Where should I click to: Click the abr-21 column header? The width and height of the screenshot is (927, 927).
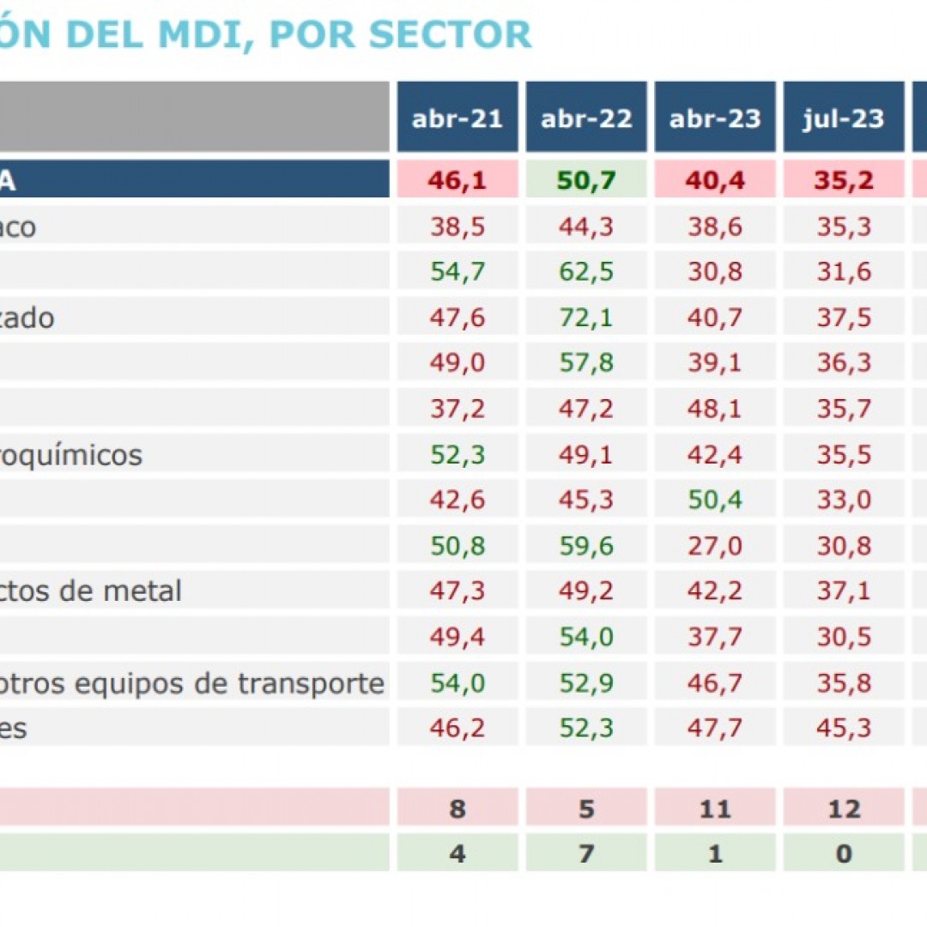pos(457,118)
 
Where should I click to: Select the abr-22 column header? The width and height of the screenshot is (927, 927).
pos(586,118)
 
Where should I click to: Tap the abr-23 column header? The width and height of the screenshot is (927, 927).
pos(715,118)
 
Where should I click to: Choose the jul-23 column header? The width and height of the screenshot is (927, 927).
pos(844,118)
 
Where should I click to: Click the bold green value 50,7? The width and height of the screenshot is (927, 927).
pos(586,180)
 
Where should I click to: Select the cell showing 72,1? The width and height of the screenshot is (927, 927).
pos(586,318)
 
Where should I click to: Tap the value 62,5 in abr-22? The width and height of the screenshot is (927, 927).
pos(586,272)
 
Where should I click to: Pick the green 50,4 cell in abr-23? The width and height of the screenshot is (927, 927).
pos(715,500)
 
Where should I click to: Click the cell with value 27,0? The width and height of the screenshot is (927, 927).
pos(715,545)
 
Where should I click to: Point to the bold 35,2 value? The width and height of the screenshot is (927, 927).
pos(844,180)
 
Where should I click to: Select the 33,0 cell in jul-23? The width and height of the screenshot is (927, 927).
pos(844,500)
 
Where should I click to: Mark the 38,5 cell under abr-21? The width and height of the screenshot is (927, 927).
pos(457,227)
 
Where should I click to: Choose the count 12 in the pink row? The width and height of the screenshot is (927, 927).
pos(844,809)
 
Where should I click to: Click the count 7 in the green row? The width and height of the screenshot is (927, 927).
pos(586,853)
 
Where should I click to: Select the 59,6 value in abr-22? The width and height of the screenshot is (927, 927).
pos(586,545)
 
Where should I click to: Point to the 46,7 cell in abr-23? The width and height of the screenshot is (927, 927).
pos(715,682)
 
